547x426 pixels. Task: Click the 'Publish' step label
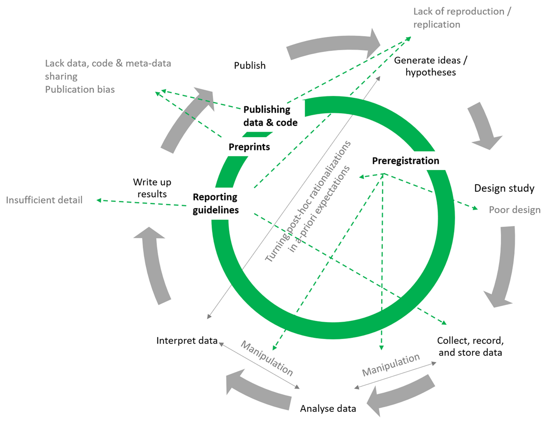tap(249, 66)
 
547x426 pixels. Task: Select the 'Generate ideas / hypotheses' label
tap(425, 66)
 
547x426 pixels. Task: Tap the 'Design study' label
tap(504, 188)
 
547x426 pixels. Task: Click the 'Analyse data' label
tap(328, 408)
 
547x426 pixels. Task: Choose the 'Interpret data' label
tap(187, 341)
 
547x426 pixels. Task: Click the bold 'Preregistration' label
tap(406, 161)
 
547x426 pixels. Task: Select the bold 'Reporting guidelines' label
tap(216, 204)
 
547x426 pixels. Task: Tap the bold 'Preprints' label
tap(249, 147)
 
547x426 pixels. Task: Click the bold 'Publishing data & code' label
tap(270, 116)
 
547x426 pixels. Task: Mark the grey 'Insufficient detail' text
tap(44, 200)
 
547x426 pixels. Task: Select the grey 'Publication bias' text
tap(80, 89)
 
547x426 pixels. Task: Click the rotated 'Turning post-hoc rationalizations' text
tap(309, 200)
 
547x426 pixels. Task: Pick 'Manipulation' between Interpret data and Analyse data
tap(267, 358)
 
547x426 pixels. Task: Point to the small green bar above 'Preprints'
tap(257, 134)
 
